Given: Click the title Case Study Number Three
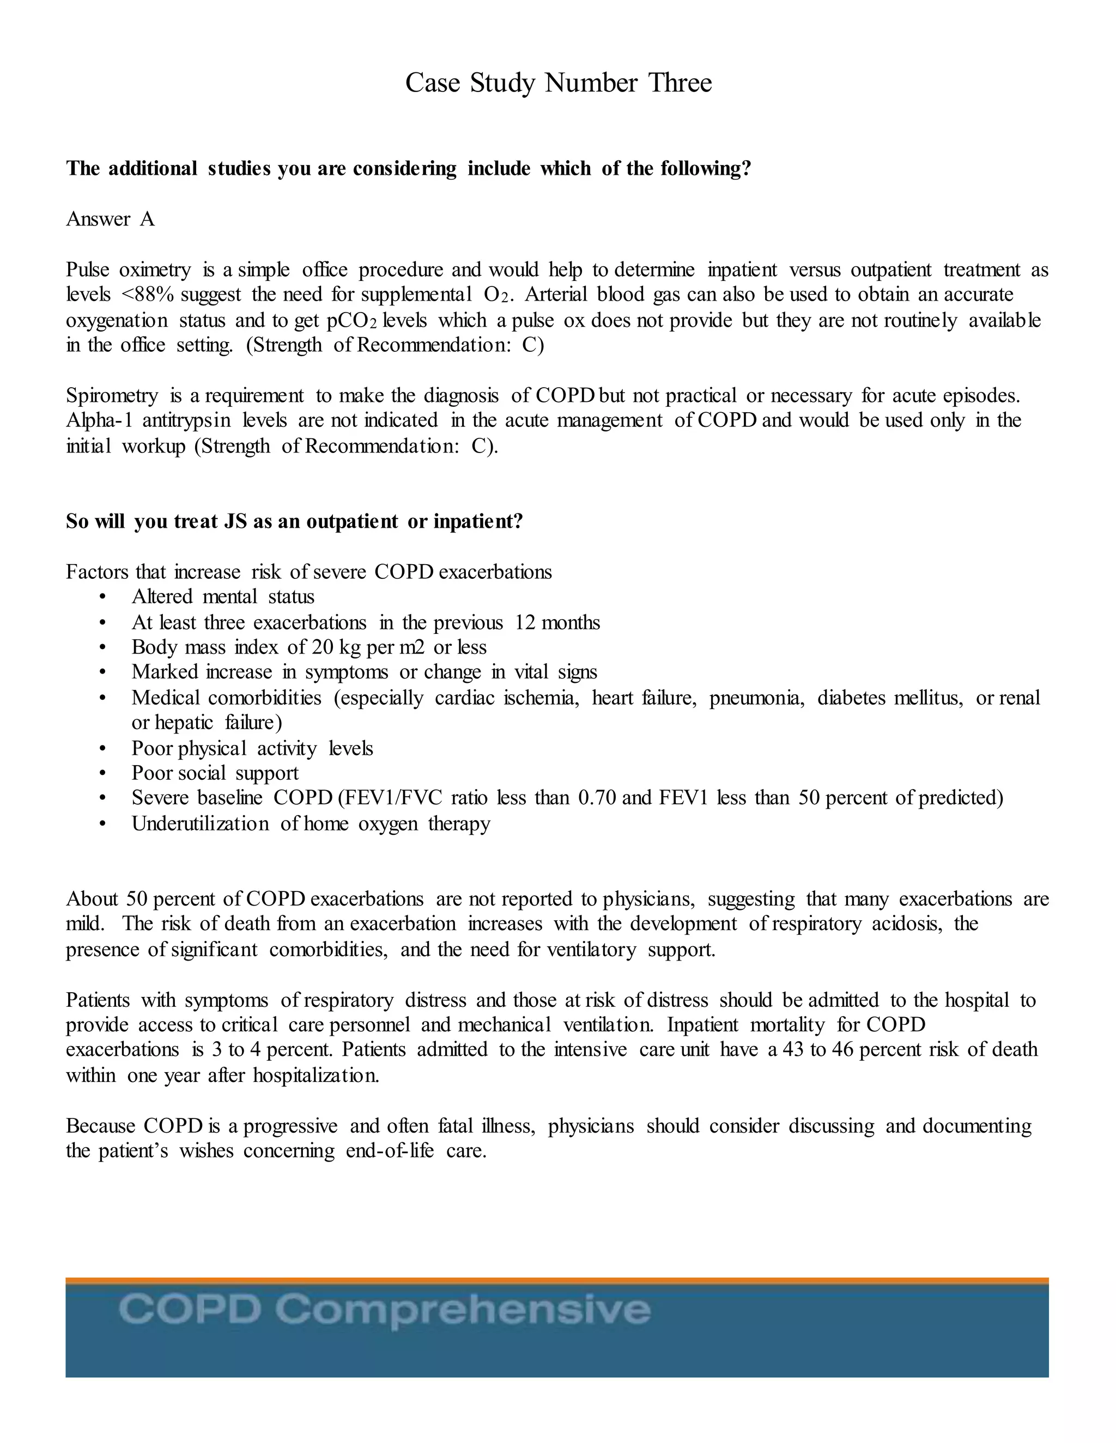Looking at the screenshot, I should coord(558,83).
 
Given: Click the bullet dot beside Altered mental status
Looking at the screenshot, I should coord(102,597).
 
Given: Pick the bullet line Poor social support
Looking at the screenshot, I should coord(215,773).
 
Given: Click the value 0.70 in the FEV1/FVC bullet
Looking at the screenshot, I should coord(597,798).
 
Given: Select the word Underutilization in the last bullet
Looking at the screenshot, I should coord(199,824).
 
